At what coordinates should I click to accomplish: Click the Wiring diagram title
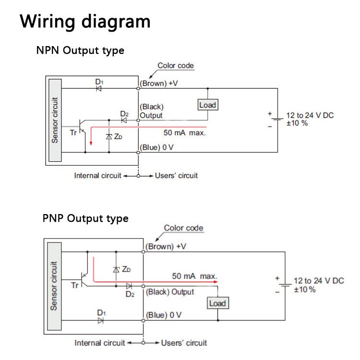85,22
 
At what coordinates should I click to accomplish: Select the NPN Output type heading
80,50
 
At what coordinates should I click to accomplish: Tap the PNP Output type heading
85,218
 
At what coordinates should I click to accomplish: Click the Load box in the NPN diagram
207,105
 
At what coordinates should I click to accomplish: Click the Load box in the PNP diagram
217,303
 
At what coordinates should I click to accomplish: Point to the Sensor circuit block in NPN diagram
55,120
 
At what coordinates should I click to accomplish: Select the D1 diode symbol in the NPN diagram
99,88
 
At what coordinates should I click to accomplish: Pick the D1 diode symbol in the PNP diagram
101,320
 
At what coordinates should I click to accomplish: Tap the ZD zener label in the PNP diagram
125,269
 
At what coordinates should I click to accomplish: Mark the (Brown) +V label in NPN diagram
158,83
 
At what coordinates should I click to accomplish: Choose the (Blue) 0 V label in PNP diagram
164,315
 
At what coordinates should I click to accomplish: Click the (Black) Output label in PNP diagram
170,292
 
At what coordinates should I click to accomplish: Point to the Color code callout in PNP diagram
183,228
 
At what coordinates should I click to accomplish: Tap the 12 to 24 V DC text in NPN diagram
310,115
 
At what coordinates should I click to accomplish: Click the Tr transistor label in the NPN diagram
73,132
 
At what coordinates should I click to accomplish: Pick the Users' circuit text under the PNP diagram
184,343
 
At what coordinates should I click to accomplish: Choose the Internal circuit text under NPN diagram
97,176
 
